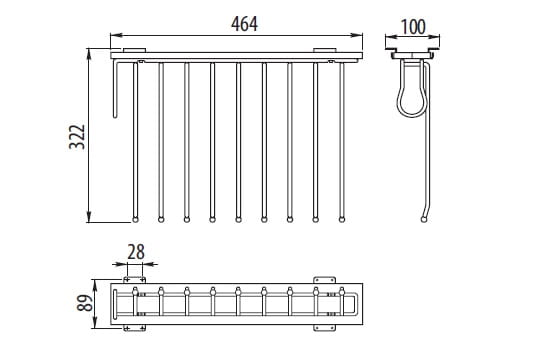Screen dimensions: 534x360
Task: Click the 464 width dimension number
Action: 244,24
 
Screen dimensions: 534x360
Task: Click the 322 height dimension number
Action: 77,137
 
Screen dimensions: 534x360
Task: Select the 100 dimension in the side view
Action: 413,27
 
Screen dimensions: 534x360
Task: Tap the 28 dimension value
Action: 136,252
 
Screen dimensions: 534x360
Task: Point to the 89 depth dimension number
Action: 85,303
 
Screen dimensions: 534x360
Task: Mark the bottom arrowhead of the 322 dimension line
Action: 89,217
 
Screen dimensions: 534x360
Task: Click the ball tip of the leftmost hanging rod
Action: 135,220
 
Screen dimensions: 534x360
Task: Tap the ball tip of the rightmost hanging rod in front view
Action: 342,220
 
